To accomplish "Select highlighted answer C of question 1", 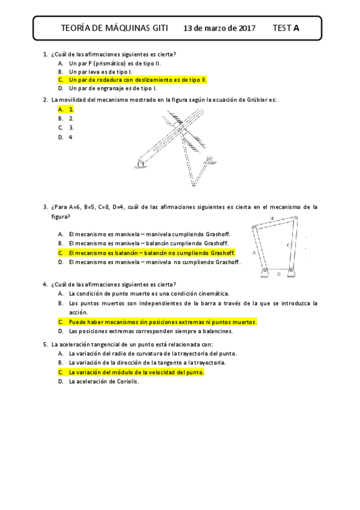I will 138,79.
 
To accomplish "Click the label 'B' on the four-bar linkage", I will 271,219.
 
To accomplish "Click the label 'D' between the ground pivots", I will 278,274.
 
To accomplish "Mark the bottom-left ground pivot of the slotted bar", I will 140,162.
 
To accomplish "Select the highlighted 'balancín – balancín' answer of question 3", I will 151,253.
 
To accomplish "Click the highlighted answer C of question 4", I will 162,322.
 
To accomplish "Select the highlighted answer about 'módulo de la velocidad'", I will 136,372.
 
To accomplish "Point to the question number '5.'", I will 46,345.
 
